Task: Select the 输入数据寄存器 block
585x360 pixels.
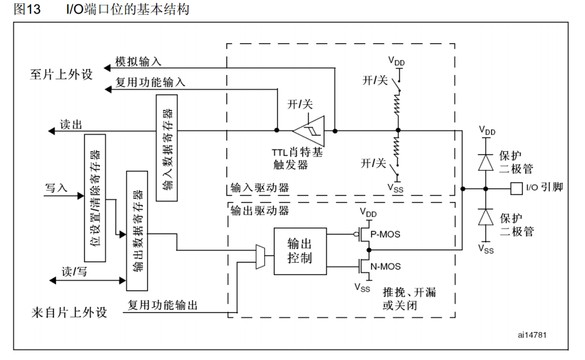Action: click(166, 147)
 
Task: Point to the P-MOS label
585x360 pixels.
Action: click(385, 234)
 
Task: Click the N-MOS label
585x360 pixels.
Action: click(385, 267)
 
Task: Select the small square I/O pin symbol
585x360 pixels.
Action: click(516, 188)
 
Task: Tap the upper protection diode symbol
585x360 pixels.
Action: click(486, 161)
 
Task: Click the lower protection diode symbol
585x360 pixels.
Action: click(486, 217)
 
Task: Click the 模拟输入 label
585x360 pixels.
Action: click(138, 62)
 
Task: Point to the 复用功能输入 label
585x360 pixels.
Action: click(150, 82)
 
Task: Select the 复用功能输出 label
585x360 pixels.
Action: click(163, 305)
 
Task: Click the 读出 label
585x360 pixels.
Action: click(71, 124)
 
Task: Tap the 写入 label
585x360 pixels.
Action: click(56, 188)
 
